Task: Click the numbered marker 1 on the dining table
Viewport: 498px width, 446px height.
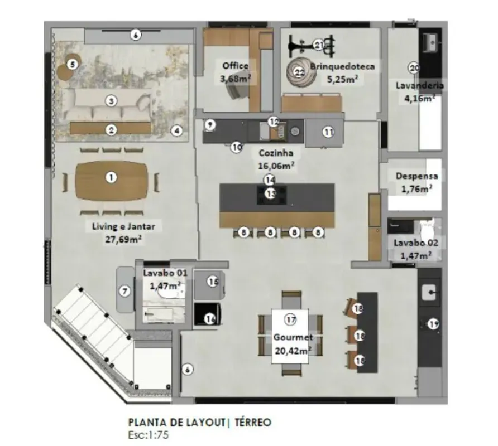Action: pos(111,177)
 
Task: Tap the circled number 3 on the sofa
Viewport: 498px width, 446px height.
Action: pos(111,101)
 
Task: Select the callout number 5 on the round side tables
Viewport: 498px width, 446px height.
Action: pos(73,65)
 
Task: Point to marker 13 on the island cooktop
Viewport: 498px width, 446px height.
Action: pos(271,193)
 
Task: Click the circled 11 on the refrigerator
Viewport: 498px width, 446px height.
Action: pos(328,132)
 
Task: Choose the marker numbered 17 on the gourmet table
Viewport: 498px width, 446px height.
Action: pos(291,319)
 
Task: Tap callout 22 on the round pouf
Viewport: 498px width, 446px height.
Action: pos(299,73)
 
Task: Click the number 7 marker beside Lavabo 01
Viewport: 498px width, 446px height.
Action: pos(125,291)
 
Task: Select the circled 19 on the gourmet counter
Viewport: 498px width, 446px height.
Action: pos(434,324)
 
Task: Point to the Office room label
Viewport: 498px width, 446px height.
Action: pos(236,66)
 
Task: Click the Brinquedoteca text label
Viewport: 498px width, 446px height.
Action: pos(342,66)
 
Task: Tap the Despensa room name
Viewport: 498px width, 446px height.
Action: pos(416,176)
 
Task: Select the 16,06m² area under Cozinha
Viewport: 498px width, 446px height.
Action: pos(276,166)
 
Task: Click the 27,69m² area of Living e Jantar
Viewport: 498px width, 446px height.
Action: pos(123,239)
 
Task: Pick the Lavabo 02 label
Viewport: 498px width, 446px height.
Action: pos(416,243)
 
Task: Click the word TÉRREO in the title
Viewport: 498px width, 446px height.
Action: pos(253,423)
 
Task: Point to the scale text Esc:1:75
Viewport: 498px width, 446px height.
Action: pos(149,435)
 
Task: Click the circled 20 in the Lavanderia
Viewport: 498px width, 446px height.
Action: pos(414,68)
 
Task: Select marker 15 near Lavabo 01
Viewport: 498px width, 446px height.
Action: pos(213,282)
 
